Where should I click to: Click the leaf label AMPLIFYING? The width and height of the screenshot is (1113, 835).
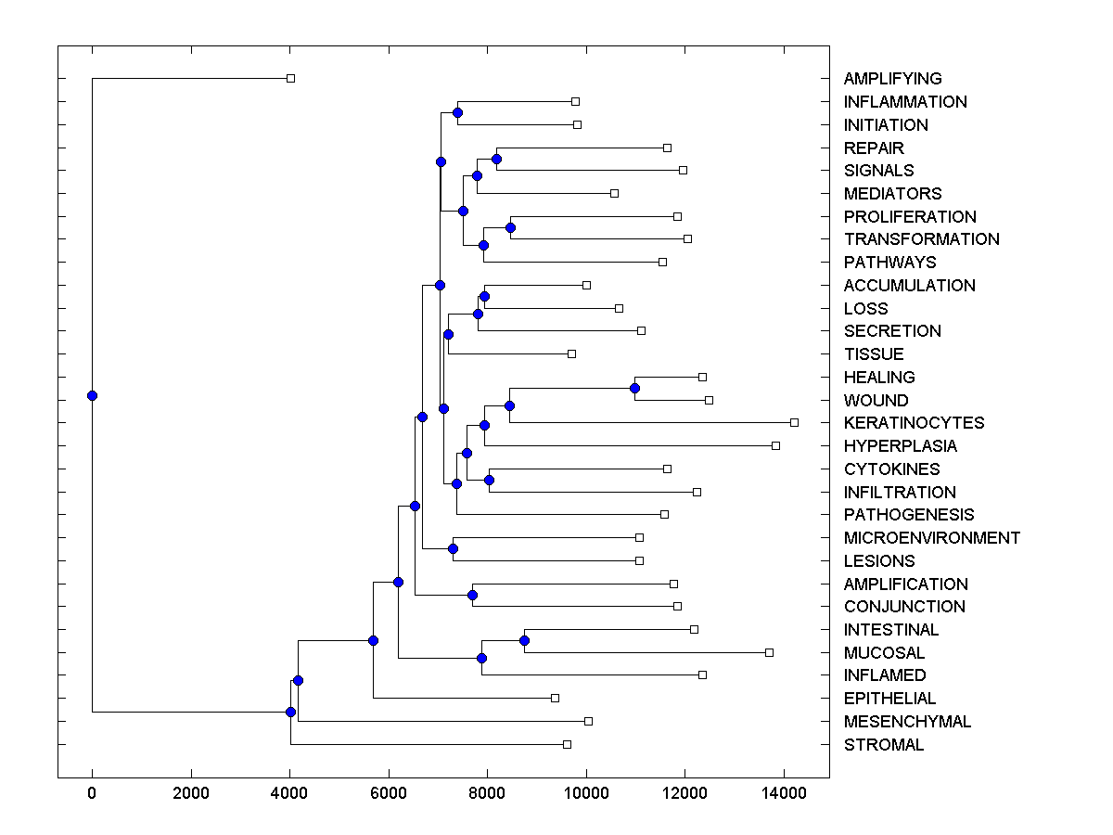click(892, 79)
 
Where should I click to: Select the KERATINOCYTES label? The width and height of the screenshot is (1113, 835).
click(914, 423)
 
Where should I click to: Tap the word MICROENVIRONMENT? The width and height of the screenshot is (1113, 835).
click(931, 538)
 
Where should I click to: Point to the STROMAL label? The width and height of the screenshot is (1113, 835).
click(884, 745)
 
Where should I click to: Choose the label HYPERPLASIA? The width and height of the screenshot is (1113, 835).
click(900, 446)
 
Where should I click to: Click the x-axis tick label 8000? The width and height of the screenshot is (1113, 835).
click(487, 791)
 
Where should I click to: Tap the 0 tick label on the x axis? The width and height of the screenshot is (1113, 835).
click(92, 791)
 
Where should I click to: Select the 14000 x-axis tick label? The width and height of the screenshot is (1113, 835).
click(784, 791)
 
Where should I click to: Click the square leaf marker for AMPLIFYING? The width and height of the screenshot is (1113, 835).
click(290, 78)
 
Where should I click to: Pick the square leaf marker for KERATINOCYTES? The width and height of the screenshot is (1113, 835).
click(794, 422)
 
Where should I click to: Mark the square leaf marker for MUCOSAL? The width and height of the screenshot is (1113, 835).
click(769, 652)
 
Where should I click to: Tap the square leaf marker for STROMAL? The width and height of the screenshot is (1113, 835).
click(567, 744)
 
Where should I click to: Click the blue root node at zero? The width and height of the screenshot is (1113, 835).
click(92, 395)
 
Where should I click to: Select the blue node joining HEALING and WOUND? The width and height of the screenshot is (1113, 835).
click(634, 388)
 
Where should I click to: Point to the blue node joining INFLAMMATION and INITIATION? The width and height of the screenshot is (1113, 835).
click(457, 112)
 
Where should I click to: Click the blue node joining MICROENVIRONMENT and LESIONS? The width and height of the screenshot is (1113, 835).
click(453, 548)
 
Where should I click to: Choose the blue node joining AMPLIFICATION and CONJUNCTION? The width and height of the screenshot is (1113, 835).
click(472, 595)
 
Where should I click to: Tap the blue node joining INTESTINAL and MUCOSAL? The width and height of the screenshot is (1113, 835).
click(524, 640)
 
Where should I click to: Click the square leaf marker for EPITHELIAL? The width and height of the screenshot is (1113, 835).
click(555, 698)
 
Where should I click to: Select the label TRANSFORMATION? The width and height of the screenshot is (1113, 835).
click(921, 239)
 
